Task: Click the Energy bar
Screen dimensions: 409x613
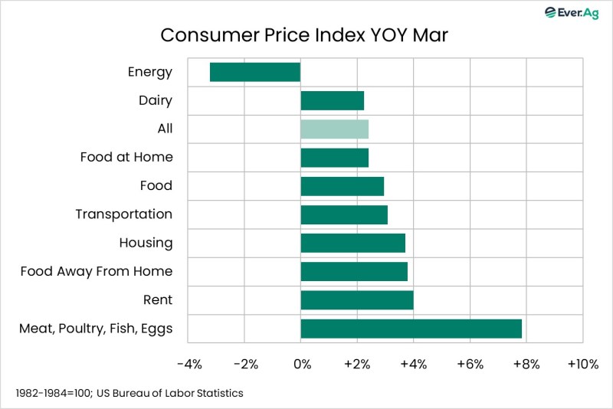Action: click(254, 72)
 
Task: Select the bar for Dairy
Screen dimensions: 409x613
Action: click(332, 100)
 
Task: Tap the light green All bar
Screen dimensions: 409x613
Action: click(334, 129)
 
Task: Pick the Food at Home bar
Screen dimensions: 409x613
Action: click(334, 158)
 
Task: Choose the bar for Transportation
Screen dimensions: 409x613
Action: click(344, 214)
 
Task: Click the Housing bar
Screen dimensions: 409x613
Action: click(352, 243)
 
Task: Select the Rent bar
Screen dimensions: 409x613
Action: click(357, 299)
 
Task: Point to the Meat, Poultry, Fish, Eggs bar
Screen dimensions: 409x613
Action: click(411, 329)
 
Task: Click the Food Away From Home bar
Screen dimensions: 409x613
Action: click(354, 271)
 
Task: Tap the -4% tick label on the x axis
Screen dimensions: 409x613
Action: click(188, 364)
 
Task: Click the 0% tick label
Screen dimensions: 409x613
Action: click(302, 364)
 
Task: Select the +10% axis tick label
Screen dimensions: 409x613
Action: click(582, 364)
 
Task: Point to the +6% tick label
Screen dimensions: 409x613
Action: click(470, 364)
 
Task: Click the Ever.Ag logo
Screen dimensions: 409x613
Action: click(571, 12)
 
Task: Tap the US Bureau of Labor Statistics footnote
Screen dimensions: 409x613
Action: click(129, 393)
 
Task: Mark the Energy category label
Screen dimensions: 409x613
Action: click(150, 73)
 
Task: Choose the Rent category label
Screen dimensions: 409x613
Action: click(157, 299)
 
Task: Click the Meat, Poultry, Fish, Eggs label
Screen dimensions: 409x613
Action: click(96, 329)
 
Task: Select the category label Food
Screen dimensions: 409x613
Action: click(156, 186)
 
